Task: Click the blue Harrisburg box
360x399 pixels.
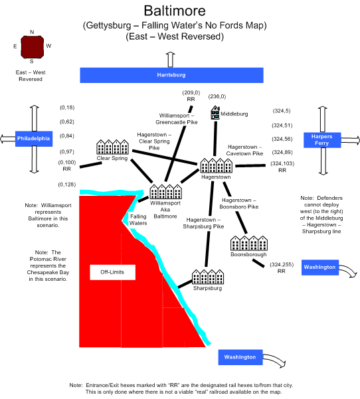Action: click(x=171, y=75)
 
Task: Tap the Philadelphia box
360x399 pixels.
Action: click(x=34, y=139)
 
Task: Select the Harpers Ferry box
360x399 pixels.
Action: click(x=322, y=140)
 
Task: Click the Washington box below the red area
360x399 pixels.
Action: click(x=240, y=357)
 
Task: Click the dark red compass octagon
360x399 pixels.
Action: click(x=32, y=47)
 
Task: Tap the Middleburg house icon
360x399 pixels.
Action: click(x=215, y=112)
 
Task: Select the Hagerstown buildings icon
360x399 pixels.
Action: click(x=216, y=165)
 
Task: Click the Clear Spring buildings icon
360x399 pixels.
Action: click(x=112, y=147)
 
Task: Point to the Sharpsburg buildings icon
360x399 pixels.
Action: click(x=208, y=277)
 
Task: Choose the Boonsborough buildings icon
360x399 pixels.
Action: click(x=248, y=243)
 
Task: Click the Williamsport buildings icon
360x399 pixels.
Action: click(x=165, y=192)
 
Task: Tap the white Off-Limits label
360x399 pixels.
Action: click(x=112, y=272)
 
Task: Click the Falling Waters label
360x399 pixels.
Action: click(x=138, y=220)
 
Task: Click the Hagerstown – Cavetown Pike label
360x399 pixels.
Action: click(x=244, y=150)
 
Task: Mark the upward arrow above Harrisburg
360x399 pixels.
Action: click(x=170, y=60)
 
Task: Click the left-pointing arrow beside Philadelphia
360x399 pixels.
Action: click(x=7, y=139)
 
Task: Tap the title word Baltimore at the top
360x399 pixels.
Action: click(x=175, y=11)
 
